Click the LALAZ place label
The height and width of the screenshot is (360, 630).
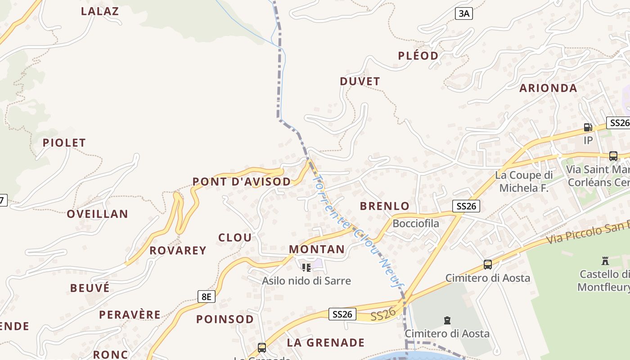click(x=100, y=11)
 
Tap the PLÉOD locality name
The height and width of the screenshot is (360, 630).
click(x=418, y=56)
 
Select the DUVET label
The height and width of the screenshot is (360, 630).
click(x=360, y=81)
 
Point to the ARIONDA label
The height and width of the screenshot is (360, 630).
click(x=548, y=88)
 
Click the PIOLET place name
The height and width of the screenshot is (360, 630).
click(x=64, y=143)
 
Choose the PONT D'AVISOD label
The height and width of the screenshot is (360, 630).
click(x=242, y=182)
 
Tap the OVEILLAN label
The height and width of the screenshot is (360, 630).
click(x=98, y=214)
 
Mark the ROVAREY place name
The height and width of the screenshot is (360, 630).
click(x=178, y=251)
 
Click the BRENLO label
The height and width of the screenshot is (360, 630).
click(x=385, y=207)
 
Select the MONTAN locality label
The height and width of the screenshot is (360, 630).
click(x=317, y=249)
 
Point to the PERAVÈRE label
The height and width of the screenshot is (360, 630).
click(x=130, y=315)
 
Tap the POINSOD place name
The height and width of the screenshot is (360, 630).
click(x=225, y=319)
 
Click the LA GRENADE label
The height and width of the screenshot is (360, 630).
click(x=326, y=343)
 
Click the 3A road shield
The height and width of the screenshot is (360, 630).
click(x=463, y=13)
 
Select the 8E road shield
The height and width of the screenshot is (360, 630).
click(x=207, y=297)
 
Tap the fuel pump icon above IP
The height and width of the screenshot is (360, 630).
click(x=588, y=127)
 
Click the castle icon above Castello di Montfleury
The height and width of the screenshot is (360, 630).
click(x=605, y=261)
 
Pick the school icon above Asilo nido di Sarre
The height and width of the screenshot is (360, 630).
click(x=306, y=268)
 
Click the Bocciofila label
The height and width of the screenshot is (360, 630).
click(x=416, y=224)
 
